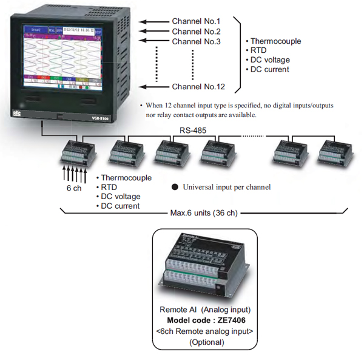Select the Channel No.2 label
(196, 32)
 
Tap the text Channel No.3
(196, 41)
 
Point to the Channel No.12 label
(198, 87)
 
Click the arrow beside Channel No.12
(152, 87)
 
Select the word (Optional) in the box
(206, 342)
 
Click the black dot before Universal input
(174, 187)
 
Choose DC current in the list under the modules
(121, 206)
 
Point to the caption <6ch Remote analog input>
(206, 331)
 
